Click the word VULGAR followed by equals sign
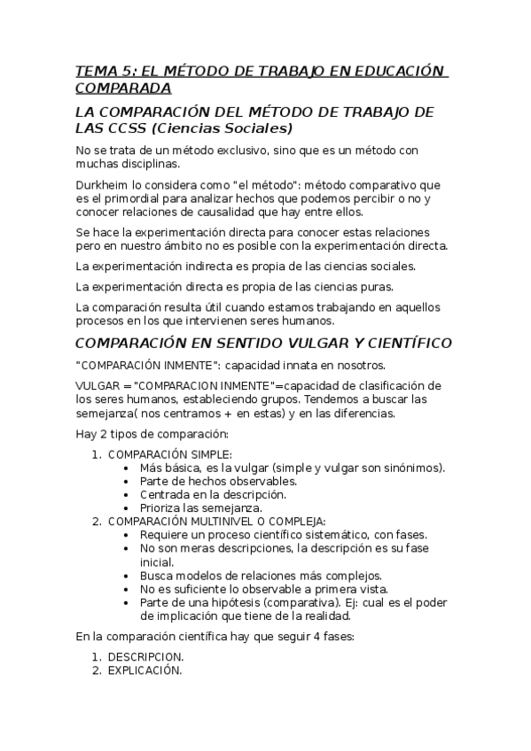coord(97,385)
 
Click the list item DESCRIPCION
coord(145,657)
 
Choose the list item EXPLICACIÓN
coord(144,670)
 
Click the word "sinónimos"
coord(416,468)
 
